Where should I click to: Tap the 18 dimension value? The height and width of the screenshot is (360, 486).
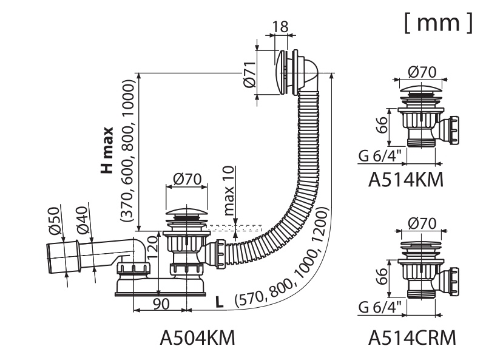(x=280, y=27)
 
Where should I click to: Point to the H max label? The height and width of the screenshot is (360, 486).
(x=107, y=149)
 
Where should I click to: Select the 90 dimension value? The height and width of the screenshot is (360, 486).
(x=161, y=304)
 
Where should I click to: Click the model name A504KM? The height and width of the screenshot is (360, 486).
(x=197, y=338)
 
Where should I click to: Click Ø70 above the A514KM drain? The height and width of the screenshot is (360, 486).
(x=422, y=72)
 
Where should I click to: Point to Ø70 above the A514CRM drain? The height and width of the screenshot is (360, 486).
(x=422, y=223)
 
